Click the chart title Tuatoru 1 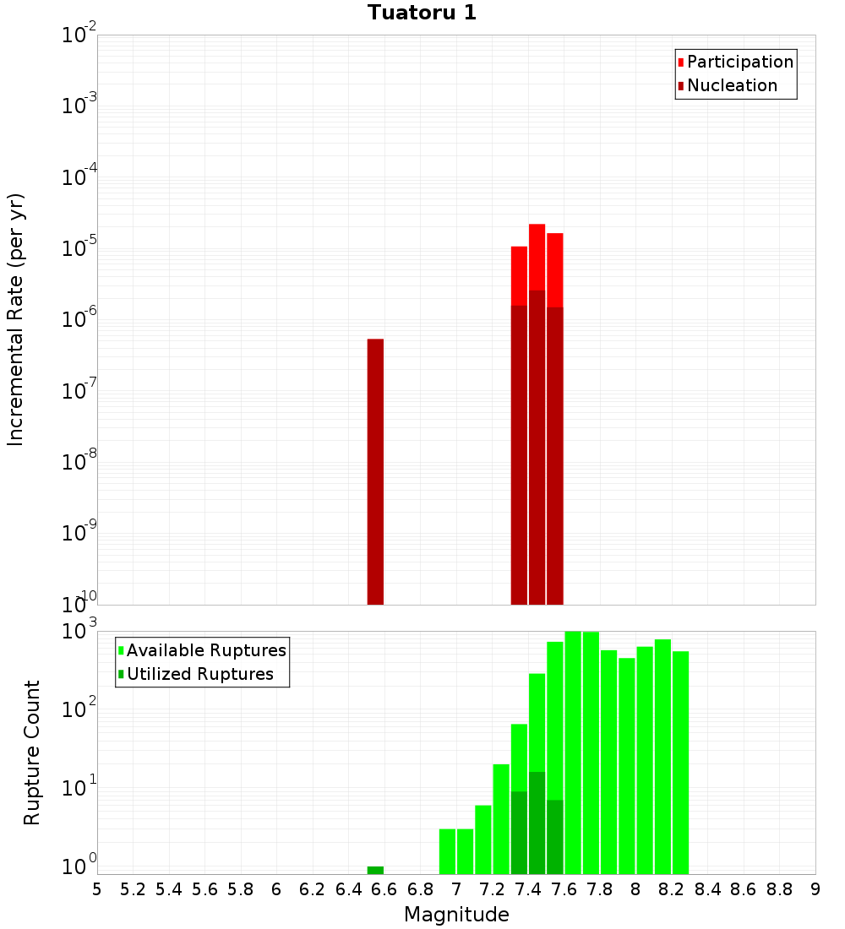pyautogui.click(x=422, y=13)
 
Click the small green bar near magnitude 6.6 pyautogui.click(x=375, y=870)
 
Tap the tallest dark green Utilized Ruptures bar pyautogui.click(x=537, y=823)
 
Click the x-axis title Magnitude pyautogui.click(x=456, y=915)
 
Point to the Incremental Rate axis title pyautogui.click(x=15, y=319)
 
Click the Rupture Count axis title pyautogui.click(x=32, y=752)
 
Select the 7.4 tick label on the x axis pyautogui.click(x=528, y=889)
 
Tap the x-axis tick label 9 pyautogui.click(x=815, y=889)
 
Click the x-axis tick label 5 pyautogui.click(x=97, y=889)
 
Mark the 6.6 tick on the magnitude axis pyautogui.click(x=384, y=889)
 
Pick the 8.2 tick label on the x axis pyautogui.click(x=672, y=889)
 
